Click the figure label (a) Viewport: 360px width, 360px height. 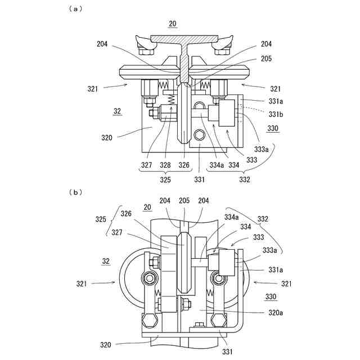(75, 9)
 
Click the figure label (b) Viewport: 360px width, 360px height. (75, 192)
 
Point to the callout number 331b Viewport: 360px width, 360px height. (276, 114)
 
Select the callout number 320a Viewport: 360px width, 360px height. (276, 313)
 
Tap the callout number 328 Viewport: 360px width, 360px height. (165, 165)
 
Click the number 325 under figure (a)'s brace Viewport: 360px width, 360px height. (165, 179)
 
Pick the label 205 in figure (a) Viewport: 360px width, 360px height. (266, 58)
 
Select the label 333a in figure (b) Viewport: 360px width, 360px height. (269, 250)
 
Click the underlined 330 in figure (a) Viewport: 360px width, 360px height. (273, 128)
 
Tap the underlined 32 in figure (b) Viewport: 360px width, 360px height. (106, 261)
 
